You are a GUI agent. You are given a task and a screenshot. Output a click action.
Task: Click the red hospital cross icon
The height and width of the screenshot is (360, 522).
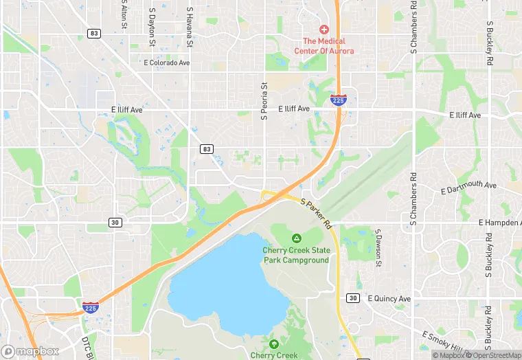pos(324,30)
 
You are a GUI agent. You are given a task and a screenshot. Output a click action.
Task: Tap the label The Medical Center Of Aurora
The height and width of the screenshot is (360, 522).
pos(324,46)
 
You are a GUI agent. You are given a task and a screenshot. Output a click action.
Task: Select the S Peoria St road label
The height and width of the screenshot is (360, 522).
pos(264,101)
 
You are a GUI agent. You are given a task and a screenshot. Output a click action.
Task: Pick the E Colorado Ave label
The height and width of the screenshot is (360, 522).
pos(166,63)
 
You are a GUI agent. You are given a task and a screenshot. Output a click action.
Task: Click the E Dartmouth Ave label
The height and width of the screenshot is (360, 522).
pos(469,187)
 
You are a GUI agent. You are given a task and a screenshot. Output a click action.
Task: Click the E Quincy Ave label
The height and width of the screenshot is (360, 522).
pos(389,299)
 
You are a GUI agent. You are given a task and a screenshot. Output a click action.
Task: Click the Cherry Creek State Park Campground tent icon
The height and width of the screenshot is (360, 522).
pos(296,238)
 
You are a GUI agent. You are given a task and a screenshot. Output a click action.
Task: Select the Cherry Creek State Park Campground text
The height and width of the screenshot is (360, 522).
pos(296,255)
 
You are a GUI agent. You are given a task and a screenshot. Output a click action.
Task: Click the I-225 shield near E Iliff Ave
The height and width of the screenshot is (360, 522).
pos(338,100)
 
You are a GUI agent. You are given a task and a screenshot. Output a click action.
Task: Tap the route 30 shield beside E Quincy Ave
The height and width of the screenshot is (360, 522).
pos(353,297)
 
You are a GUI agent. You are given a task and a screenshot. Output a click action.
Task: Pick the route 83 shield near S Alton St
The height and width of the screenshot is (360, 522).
pos(95,33)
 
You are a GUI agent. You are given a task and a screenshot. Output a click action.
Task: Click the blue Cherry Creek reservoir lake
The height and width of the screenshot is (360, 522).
pos(227,282)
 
